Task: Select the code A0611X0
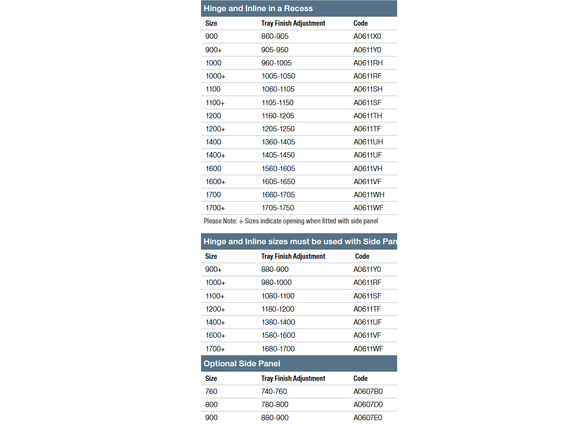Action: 367,36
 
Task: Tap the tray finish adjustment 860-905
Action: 275,36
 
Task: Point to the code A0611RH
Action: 368,63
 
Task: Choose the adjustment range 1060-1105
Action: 278,89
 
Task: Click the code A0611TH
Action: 368,116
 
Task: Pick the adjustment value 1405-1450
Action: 278,155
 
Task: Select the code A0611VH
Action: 368,169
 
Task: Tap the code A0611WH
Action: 369,195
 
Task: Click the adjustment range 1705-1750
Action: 278,208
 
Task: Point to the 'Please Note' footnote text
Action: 291,221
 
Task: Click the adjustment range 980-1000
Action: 276,283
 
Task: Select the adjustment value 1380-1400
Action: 278,322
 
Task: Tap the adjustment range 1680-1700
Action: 278,349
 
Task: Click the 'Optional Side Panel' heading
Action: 242,363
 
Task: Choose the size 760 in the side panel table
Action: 211,392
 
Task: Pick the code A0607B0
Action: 368,392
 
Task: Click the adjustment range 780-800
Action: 274,405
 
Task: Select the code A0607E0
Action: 368,418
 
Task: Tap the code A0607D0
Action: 368,405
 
